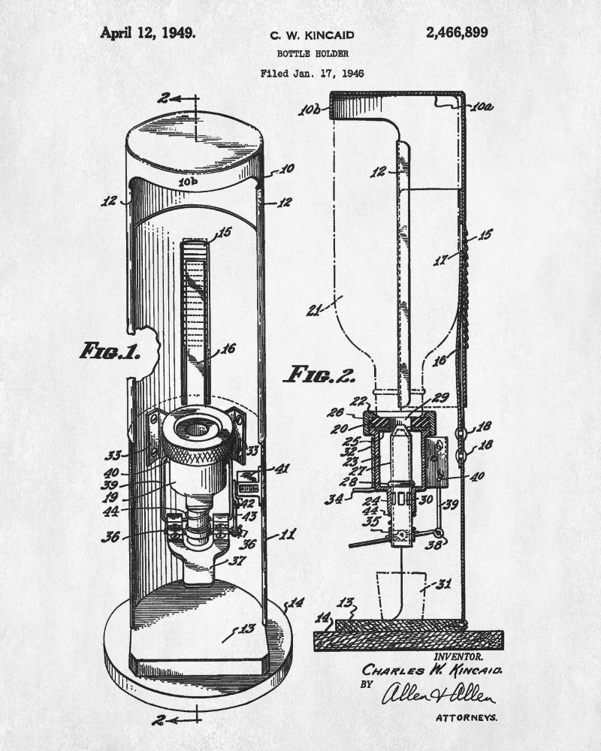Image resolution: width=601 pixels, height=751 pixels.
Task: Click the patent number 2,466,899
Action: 467,32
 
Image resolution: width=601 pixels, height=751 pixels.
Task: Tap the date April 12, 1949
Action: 148,32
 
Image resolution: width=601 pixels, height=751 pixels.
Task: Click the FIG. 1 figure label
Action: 109,351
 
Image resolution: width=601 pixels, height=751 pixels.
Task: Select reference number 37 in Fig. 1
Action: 239,560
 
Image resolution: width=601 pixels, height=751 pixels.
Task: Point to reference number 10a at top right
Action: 484,107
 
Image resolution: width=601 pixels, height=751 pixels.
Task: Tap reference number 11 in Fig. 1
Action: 288,535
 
